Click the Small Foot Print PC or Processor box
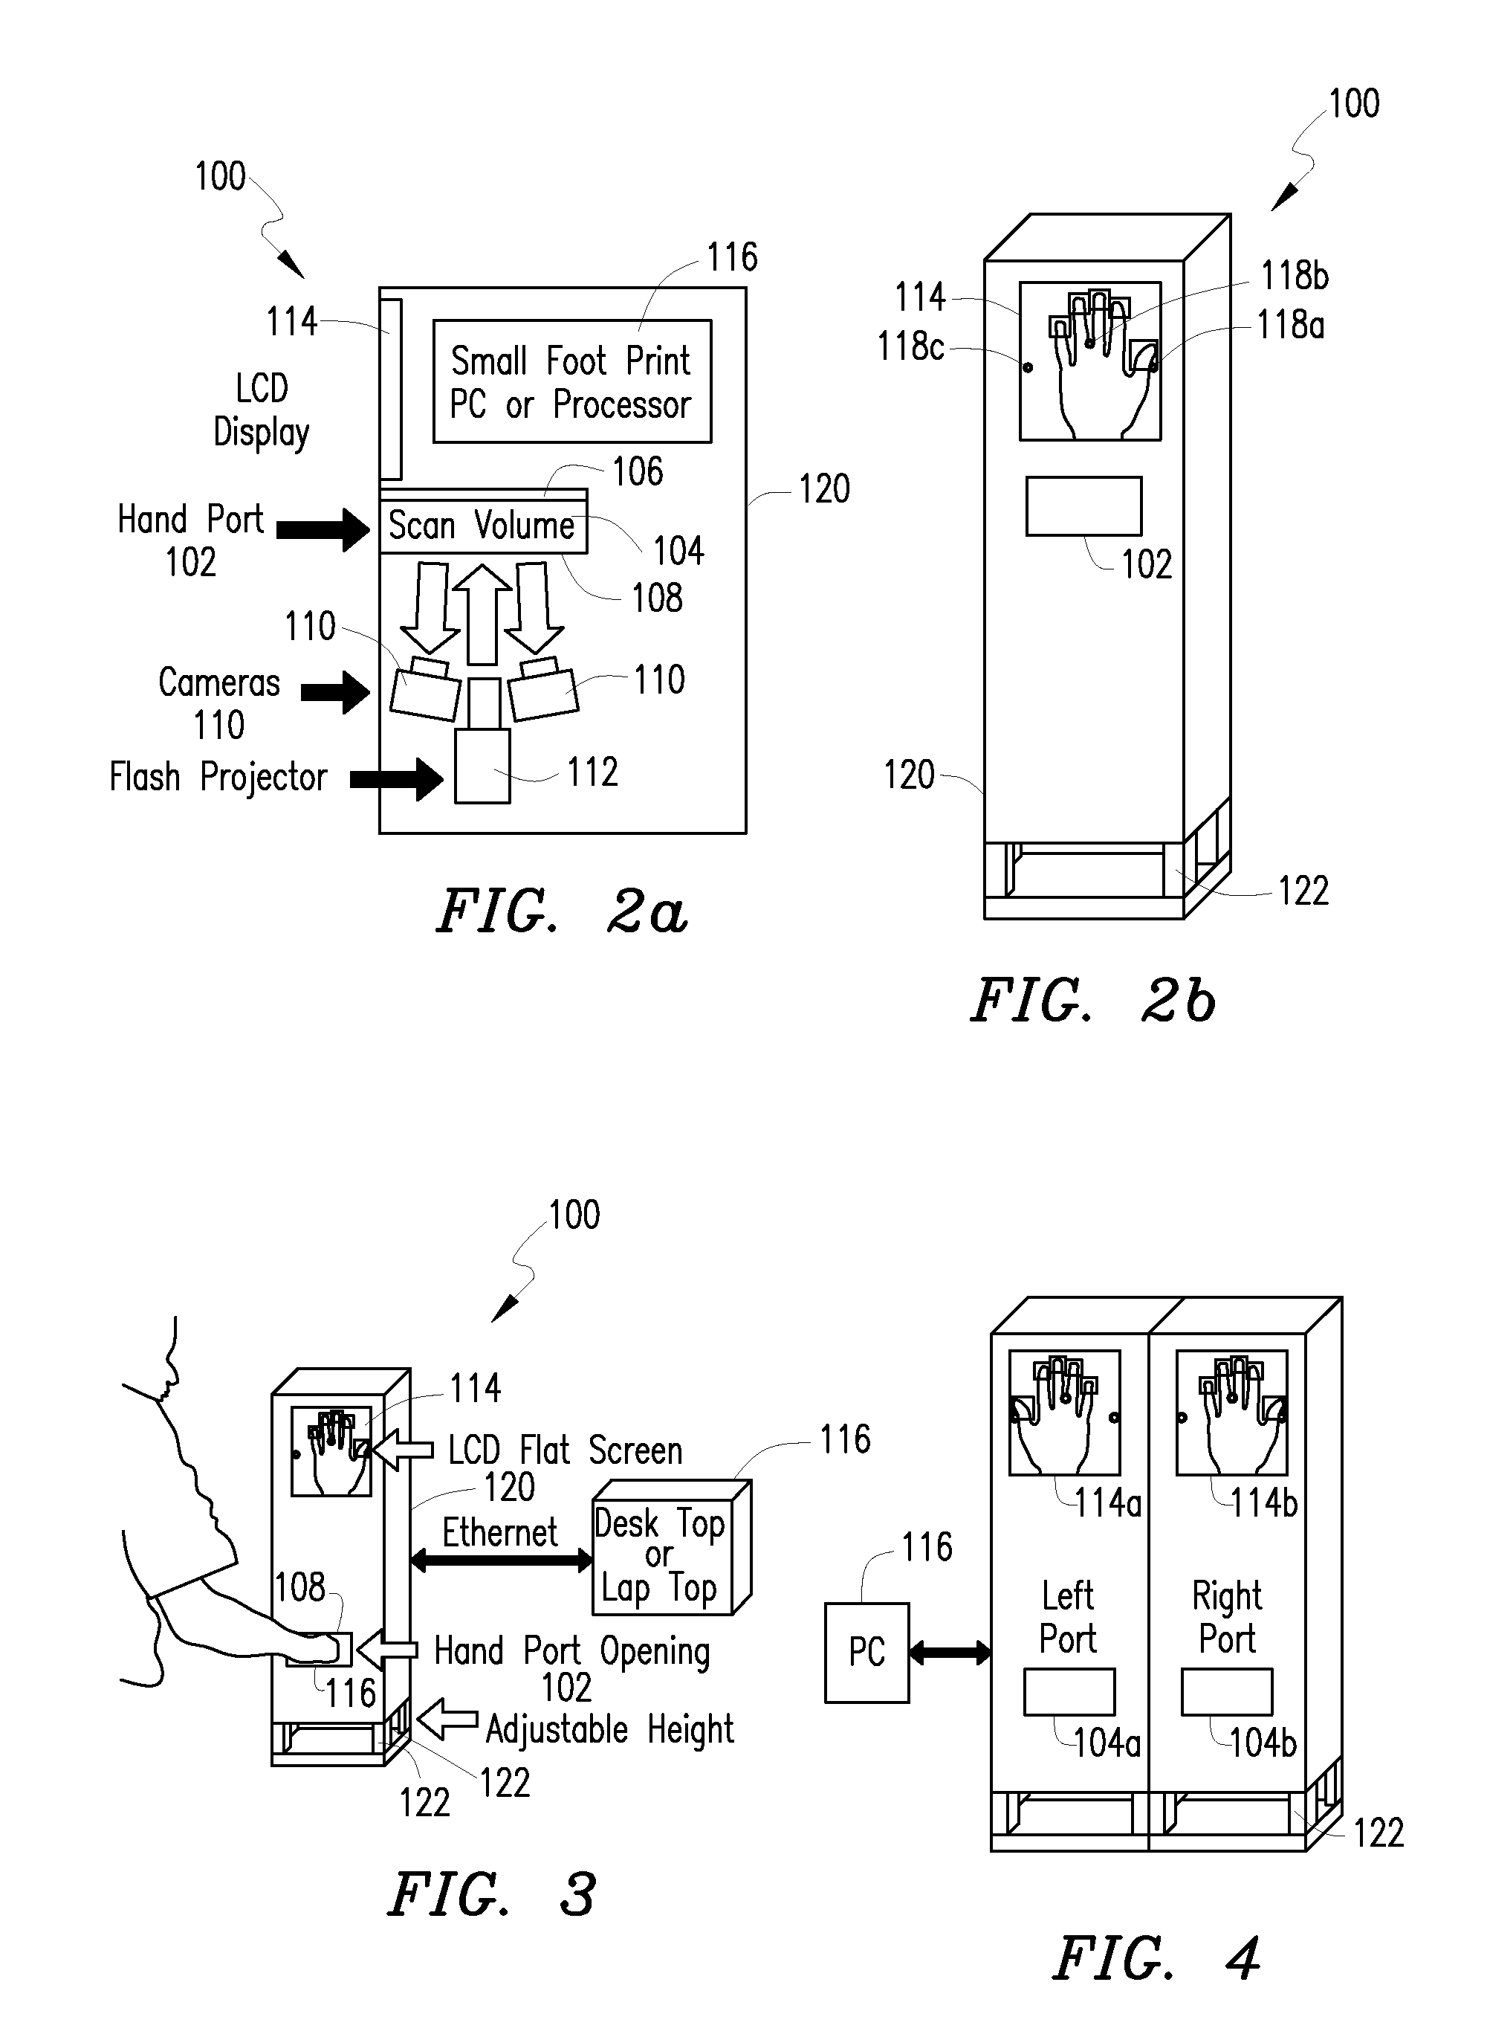(x=572, y=381)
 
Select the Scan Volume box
(x=483, y=526)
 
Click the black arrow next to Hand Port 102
(x=323, y=529)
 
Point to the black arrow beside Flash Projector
(x=397, y=778)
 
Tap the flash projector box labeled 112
(x=482, y=765)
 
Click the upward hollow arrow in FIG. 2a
(x=482, y=614)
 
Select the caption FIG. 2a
(x=563, y=912)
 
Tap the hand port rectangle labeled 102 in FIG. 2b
(x=1083, y=507)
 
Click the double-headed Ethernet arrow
(x=502, y=1562)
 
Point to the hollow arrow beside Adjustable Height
(x=447, y=1719)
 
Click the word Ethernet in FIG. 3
(x=500, y=1532)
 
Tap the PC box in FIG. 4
(x=866, y=1652)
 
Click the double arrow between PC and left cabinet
(x=950, y=1653)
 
